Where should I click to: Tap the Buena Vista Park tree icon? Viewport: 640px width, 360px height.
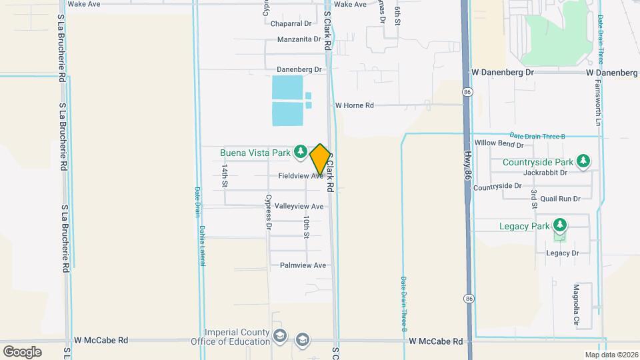coord(300,153)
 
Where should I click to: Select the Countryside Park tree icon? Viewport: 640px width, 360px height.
coord(583,161)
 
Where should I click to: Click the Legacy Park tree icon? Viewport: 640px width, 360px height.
coord(560,225)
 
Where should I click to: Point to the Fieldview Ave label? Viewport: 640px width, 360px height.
coord(300,176)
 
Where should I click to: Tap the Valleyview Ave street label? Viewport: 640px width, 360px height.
coord(299,207)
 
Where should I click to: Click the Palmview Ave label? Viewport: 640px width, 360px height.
coord(303,265)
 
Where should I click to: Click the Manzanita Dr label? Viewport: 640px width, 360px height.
coord(299,39)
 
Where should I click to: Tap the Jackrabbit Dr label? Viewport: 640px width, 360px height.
coord(545,172)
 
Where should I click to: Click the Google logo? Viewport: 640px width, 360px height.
coord(22,351)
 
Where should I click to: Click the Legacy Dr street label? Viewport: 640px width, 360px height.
coord(562,253)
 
